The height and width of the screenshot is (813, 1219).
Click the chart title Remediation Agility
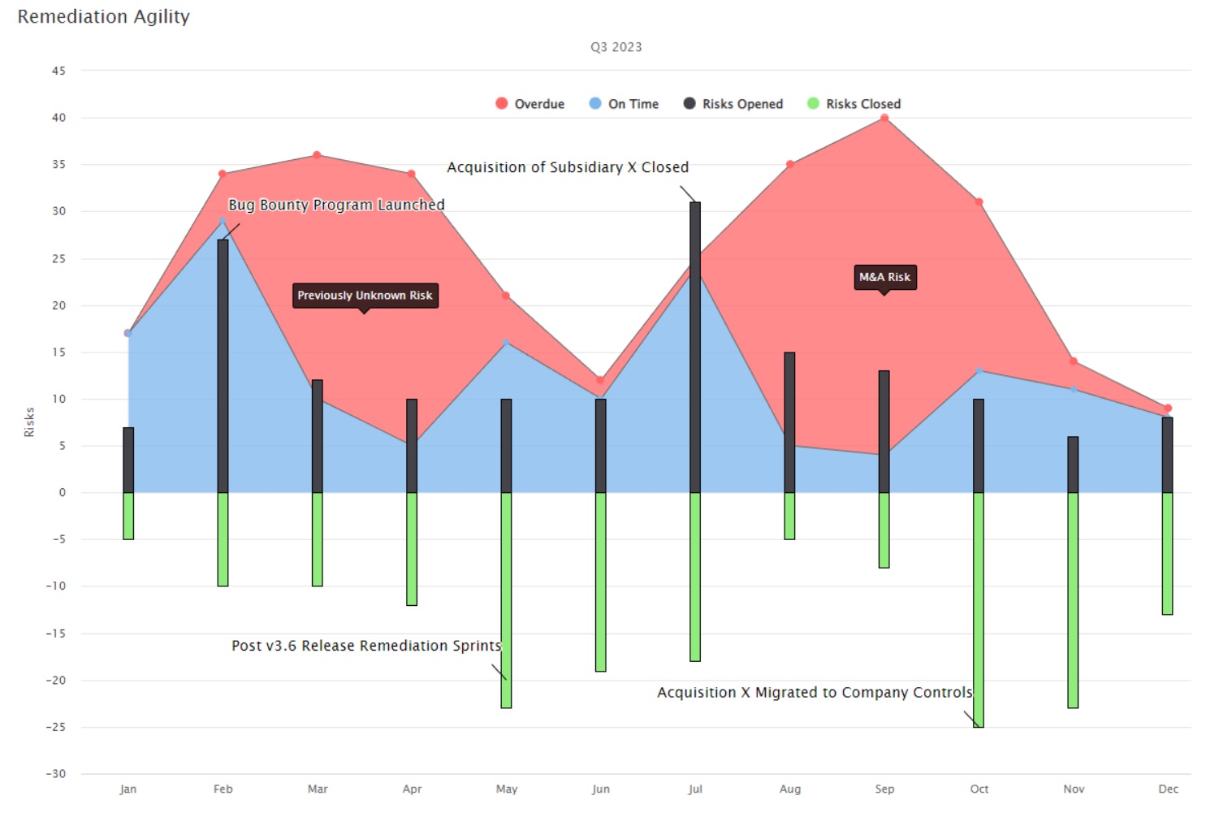103,16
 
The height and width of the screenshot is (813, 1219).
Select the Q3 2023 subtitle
616,47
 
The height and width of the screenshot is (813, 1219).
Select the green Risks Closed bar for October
979,609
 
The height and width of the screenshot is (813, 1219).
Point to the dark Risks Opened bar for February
223,365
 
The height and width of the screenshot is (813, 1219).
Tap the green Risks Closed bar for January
128,516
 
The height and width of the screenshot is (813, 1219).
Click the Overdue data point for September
884,119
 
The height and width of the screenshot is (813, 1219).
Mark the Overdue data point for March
317,155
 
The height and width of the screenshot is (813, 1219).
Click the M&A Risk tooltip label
884,277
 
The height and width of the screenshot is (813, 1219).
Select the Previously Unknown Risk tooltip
365,295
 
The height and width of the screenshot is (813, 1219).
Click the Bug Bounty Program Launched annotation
336,205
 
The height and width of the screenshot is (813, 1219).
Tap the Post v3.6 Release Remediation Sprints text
366,646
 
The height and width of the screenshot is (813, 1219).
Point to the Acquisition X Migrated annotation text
815,693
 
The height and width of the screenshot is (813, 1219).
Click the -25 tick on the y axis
56,727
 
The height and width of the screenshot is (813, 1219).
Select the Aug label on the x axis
789,789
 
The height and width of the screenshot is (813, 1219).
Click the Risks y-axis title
30,422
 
